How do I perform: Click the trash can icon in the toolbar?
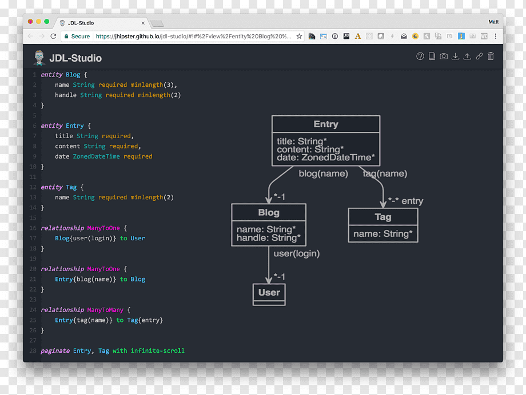(491, 56)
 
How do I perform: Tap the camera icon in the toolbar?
(444, 56)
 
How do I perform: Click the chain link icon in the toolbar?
(479, 56)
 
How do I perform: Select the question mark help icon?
(420, 56)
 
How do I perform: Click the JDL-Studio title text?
(75, 58)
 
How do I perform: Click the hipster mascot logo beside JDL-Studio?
(39, 58)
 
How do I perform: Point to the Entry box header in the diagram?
(326, 124)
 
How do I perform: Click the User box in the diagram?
(269, 295)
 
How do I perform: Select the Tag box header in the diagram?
(383, 217)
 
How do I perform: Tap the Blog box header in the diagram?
(269, 212)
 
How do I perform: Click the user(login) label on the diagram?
(297, 253)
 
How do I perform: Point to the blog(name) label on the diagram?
(324, 174)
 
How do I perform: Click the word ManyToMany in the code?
(105, 310)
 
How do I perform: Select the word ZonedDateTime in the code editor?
(96, 156)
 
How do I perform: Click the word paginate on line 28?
(55, 351)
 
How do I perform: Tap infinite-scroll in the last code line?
(157, 351)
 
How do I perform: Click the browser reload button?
(53, 36)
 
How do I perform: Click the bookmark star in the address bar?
(299, 36)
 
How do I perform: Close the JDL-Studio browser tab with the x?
(143, 23)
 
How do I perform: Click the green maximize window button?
(47, 22)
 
